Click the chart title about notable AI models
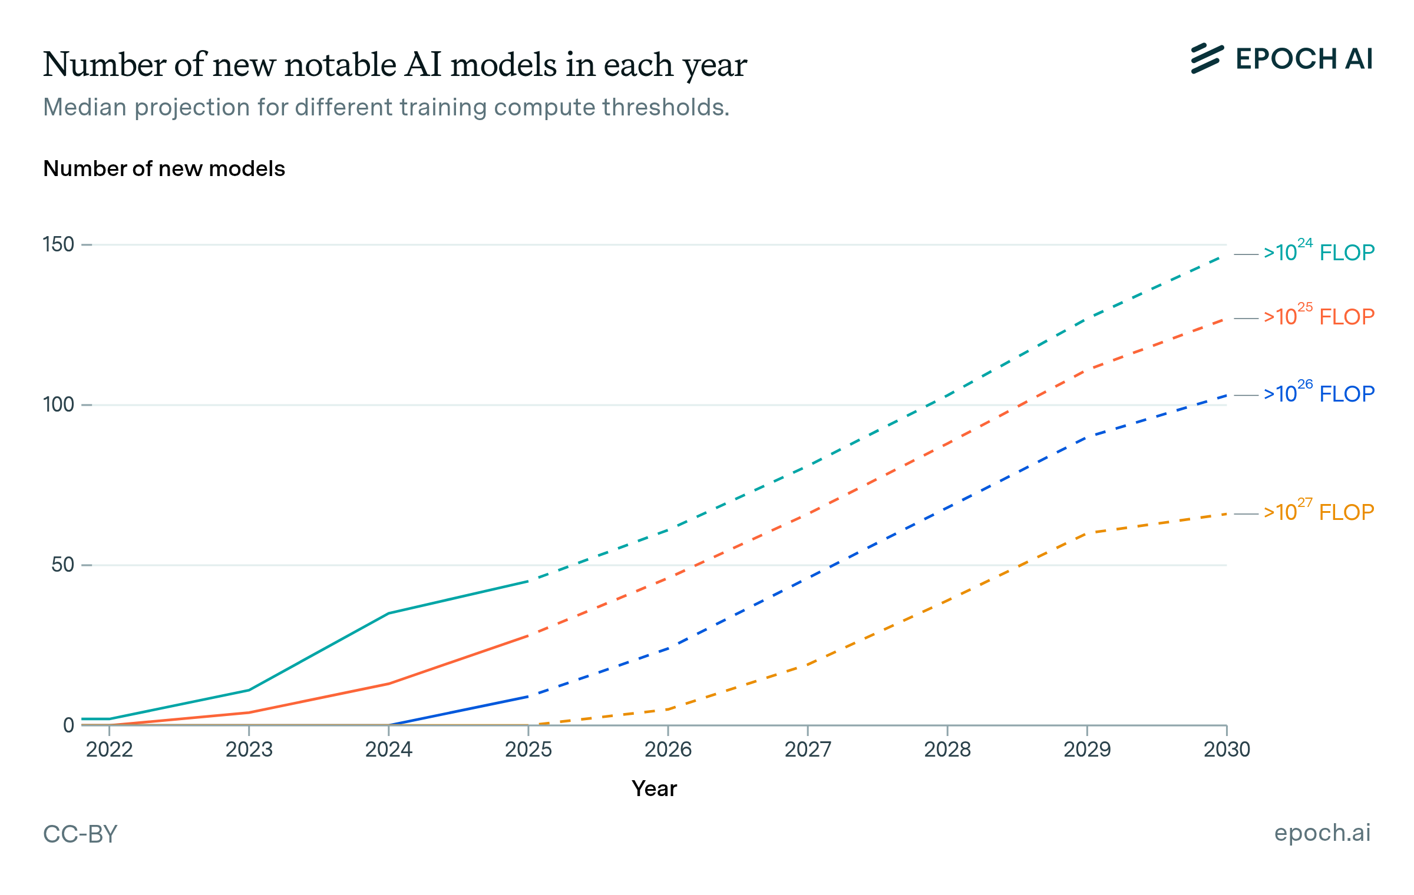point(395,65)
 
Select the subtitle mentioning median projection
point(386,107)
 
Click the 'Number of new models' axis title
point(164,169)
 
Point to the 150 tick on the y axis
point(58,244)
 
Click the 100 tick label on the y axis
point(58,405)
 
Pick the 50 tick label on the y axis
point(62,565)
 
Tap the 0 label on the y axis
point(68,725)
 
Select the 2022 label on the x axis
point(110,750)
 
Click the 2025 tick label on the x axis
point(528,750)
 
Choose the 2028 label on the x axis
point(947,750)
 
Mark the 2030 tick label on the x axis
point(1227,750)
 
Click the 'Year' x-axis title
point(654,788)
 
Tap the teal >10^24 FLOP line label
point(1319,253)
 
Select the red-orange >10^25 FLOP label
point(1319,317)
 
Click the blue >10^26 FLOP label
point(1319,393)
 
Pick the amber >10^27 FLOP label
point(1319,512)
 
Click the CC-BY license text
point(80,834)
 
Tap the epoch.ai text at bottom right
point(1322,833)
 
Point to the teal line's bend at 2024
point(388,614)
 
